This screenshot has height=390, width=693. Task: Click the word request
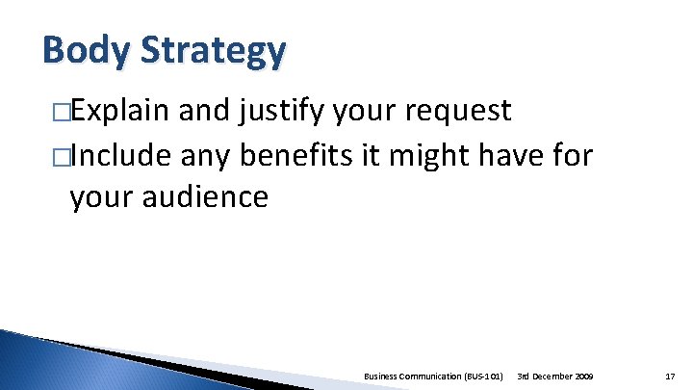coord(457,112)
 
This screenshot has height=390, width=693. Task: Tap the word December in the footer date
coord(553,374)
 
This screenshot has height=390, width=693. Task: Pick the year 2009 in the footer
coord(585,374)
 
